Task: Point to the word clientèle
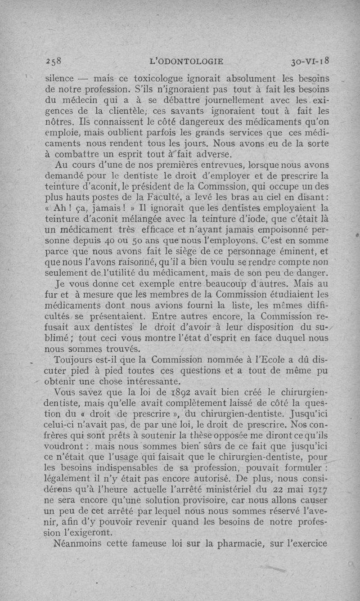130,110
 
